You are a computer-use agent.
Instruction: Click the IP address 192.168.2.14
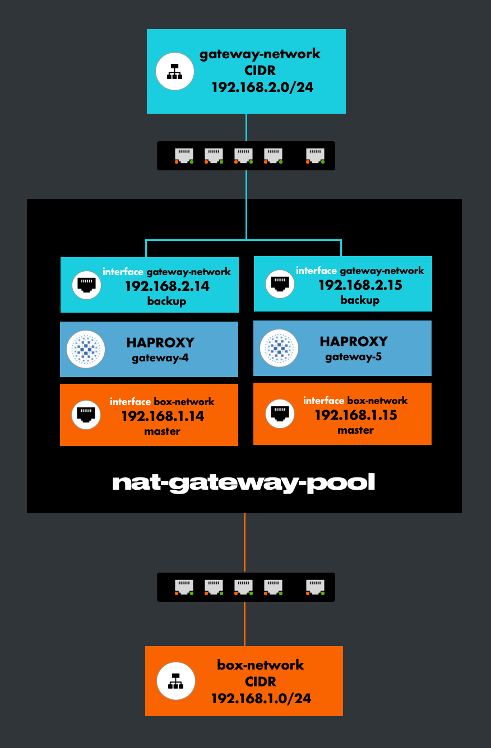(167, 286)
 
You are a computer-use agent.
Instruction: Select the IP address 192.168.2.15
(360, 285)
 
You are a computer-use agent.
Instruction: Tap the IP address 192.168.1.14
(163, 416)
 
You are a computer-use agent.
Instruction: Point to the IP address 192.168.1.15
(356, 415)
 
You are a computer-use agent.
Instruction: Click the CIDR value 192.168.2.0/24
(261, 87)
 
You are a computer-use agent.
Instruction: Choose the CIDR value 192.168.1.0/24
(261, 698)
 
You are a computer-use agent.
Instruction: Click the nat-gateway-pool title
(244, 482)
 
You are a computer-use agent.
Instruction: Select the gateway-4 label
(160, 358)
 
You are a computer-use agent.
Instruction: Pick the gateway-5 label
(353, 357)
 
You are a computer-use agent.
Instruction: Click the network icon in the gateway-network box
(174, 71)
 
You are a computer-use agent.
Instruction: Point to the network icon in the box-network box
(175, 681)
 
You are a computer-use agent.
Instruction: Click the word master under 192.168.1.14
(162, 431)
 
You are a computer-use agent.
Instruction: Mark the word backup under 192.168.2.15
(360, 300)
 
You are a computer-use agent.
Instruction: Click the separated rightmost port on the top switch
(316, 155)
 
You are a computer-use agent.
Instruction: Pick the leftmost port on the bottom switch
(184, 587)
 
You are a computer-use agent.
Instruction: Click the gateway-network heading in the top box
(260, 54)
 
